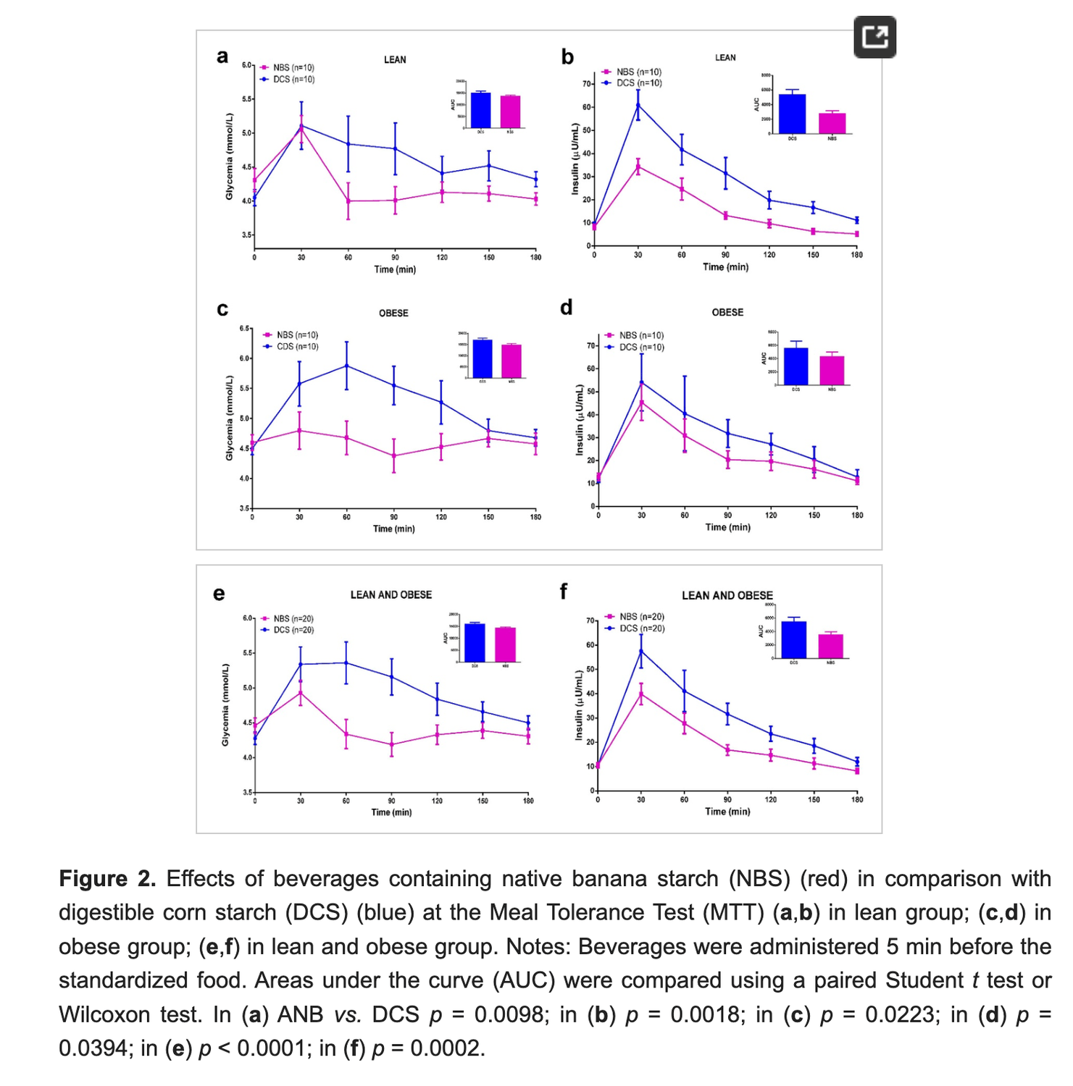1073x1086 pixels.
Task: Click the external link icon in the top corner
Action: (x=874, y=37)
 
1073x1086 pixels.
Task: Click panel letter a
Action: (x=222, y=56)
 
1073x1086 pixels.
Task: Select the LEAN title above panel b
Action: (x=725, y=58)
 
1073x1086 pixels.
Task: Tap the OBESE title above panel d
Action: (x=727, y=313)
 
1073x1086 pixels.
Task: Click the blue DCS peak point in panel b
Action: (x=638, y=105)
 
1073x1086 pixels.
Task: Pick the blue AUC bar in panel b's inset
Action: (x=792, y=114)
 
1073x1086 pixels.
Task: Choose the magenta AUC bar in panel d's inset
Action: (x=832, y=370)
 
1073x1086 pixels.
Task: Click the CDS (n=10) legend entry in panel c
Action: (x=297, y=347)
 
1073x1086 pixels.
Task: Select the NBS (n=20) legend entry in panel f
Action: (x=642, y=617)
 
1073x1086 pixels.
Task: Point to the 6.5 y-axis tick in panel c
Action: (x=245, y=329)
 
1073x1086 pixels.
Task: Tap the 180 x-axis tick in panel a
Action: (x=536, y=258)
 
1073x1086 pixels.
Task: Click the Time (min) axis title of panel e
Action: (x=391, y=812)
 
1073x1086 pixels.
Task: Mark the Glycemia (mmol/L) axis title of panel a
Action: (x=229, y=157)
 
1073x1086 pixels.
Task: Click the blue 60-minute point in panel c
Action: (x=346, y=366)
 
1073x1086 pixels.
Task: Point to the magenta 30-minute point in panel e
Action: (x=301, y=693)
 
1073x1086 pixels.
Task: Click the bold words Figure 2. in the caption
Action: (x=107, y=879)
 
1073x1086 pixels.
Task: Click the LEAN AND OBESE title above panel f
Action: (x=727, y=596)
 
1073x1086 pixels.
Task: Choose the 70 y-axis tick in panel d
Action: (x=590, y=346)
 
